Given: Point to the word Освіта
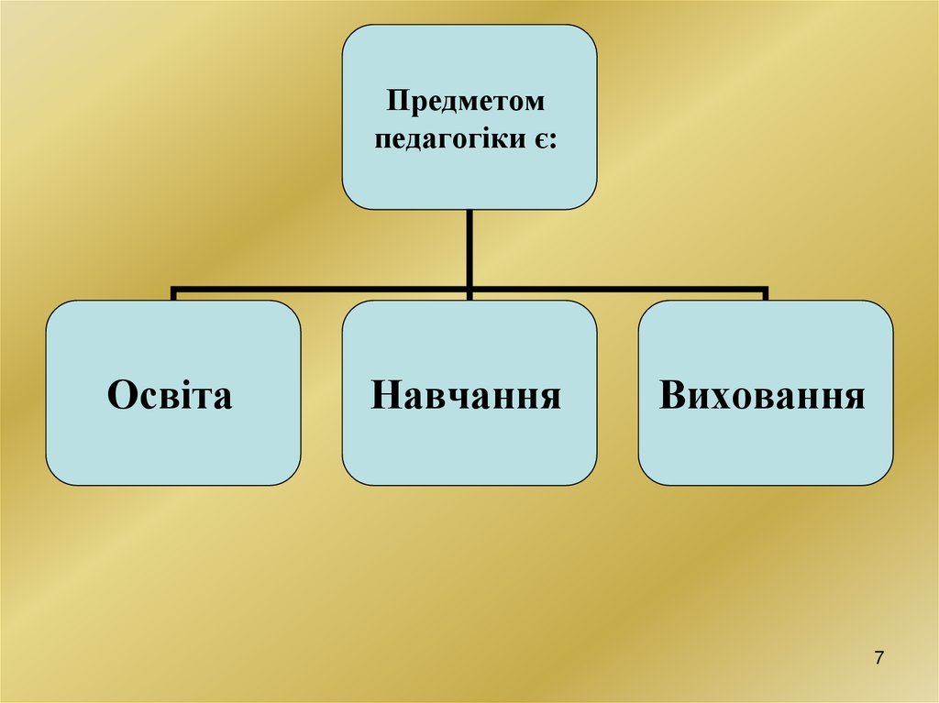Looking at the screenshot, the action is point(170,394).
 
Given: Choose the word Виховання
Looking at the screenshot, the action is point(762,394).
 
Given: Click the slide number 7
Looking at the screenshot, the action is point(879,657).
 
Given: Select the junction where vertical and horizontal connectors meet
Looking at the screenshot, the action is point(469,291).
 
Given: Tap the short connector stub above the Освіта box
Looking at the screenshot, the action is point(173,294).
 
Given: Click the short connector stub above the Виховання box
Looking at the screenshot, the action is point(765,294).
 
